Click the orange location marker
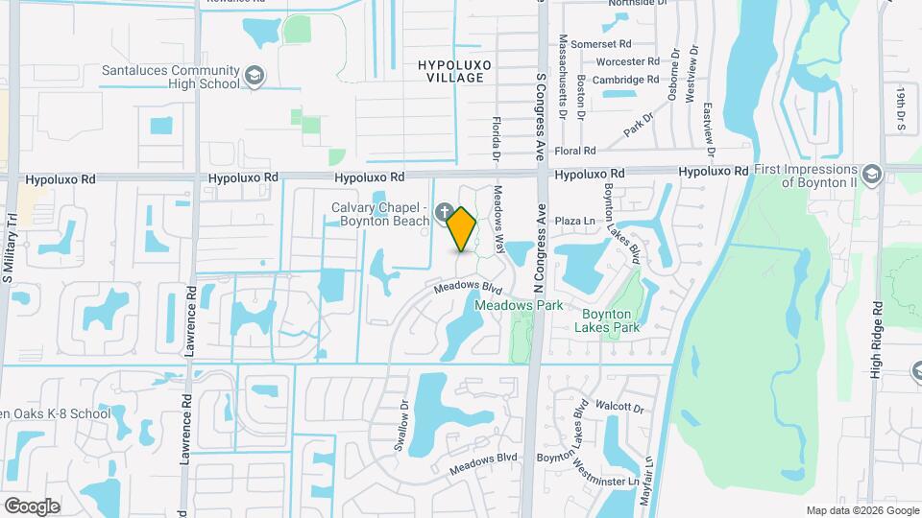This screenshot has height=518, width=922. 462,229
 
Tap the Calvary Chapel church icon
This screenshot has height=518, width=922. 445,212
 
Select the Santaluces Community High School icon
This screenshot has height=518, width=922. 255,76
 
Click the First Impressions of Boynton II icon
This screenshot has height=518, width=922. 871,175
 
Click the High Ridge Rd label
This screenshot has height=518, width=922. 876,340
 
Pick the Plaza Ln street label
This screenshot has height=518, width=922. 576,222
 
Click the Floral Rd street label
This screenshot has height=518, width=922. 575,151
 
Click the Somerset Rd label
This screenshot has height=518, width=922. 600,44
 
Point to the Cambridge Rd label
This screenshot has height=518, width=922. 626,81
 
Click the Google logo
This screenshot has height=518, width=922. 32,506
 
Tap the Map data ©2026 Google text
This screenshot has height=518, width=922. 861,510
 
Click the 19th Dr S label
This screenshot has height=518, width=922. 902,107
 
